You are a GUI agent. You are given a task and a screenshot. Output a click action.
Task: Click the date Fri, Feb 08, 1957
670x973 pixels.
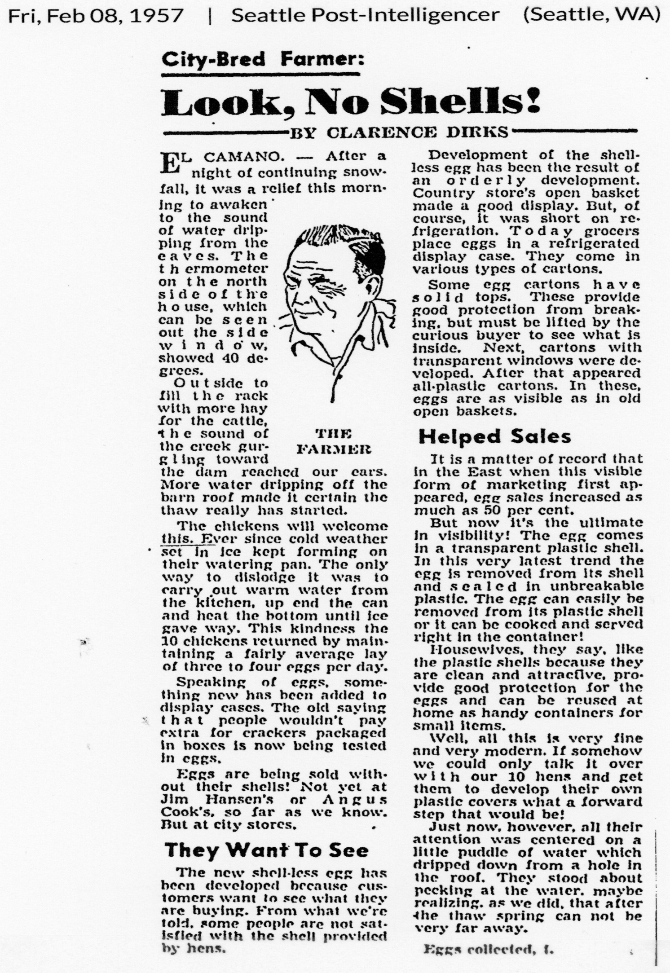96,16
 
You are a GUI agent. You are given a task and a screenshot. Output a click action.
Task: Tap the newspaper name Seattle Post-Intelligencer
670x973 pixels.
365,16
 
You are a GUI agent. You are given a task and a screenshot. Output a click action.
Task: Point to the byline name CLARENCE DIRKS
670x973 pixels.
418,133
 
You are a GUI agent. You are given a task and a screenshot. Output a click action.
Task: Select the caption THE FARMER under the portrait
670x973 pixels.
334,441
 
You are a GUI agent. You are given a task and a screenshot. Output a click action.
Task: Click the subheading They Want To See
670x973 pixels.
266,850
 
